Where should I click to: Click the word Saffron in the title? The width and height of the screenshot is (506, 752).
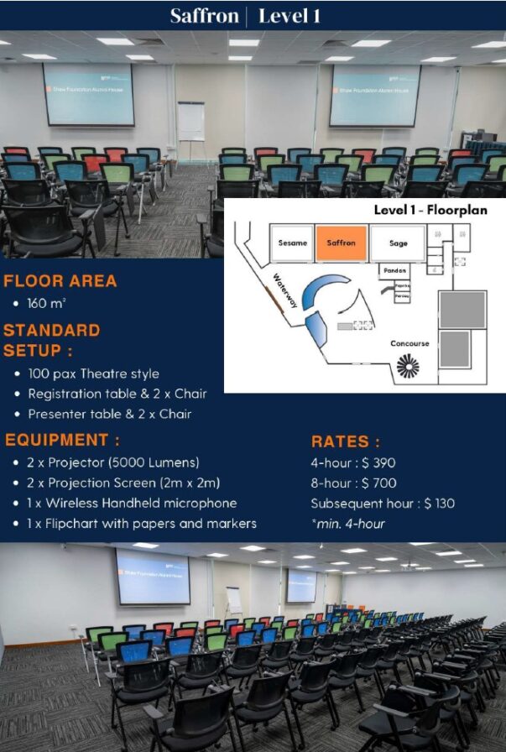coord(204,15)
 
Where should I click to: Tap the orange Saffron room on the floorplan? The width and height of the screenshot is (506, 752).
coord(341,243)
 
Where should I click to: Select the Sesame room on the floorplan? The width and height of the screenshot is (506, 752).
coord(292,243)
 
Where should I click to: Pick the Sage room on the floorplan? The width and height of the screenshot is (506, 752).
coord(399,243)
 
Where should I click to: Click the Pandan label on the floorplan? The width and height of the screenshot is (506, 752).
coord(394,271)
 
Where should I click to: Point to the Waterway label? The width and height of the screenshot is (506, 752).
coord(285,290)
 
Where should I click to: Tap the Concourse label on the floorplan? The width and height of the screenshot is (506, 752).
coord(409,343)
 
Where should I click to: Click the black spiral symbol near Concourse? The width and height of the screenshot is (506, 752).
coord(408,366)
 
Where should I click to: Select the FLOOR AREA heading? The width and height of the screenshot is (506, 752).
coord(60,281)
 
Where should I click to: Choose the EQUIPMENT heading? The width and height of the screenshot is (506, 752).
coord(63,440)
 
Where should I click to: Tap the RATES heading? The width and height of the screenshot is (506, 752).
coord(345,441)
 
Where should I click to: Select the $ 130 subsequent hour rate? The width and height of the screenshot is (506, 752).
coord(440,504)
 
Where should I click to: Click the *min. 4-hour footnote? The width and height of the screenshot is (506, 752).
coord(347,524)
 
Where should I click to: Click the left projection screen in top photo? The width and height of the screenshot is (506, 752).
coord(88,94)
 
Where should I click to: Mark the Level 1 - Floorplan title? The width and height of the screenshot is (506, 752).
coord(430,210)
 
